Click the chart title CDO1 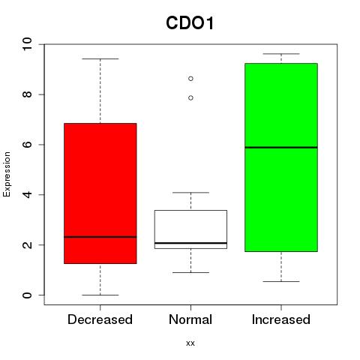pos(190,22)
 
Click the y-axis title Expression pos(7,174)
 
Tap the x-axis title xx pos(190,343)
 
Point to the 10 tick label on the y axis pos(27,44)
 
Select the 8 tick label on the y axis pos(27,94)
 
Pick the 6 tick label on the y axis pos(27,145)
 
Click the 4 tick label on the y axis pos(27,194)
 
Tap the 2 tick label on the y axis pos(27,244)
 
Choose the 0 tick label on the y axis pos(27,295)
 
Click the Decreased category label pos(100,319)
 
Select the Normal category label pos(190,319)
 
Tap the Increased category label pos(281,319)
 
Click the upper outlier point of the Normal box pos(190,79)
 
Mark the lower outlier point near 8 pos(190,98)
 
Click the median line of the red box pos(100,237)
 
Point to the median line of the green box pos(281,148)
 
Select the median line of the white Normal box pos(190,243)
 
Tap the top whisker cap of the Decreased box pos(100,58)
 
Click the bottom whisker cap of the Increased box pos(281,281)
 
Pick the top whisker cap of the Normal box pos(190,193)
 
